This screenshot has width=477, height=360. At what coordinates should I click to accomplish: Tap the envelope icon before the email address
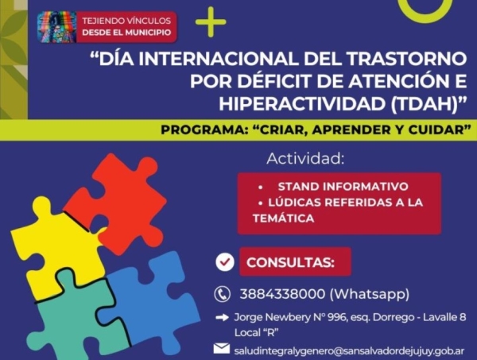click(x=222, y=348)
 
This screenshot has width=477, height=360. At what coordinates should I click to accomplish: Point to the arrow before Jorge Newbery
click(x=223, y=318)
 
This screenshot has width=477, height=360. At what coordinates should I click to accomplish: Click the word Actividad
click(x=306, y=157)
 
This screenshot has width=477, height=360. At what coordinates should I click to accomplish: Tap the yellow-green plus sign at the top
click(x=210, y=25)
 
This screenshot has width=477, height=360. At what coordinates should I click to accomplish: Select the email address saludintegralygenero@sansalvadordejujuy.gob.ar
click(x=349, y=349)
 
